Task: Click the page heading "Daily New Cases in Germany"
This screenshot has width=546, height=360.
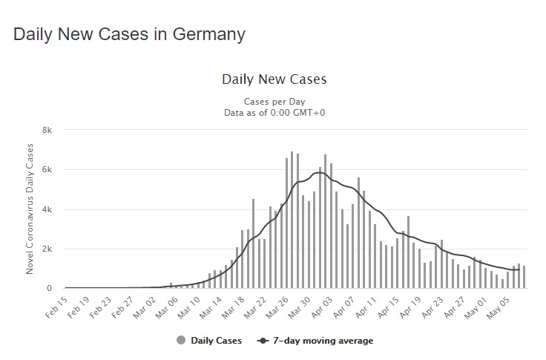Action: point(129,35)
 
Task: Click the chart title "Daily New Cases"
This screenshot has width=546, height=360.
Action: point(274,79)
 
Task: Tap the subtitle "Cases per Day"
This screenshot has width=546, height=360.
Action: point(274,102)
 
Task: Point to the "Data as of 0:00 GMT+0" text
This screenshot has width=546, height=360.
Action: point(274,112)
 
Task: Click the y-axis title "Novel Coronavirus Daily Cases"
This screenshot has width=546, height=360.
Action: point(30,209)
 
